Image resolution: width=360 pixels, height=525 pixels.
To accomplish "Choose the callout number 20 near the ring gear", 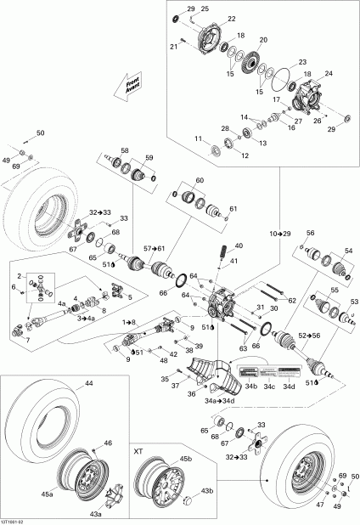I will coord(262,40).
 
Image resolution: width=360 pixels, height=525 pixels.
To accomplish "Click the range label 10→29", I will coord(279,232).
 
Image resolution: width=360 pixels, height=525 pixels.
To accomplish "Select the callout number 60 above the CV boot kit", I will coord(200,180).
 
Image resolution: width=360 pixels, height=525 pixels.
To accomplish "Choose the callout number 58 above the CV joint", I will coord(125,150).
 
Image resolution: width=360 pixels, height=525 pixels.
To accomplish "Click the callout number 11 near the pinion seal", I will coord(198,138).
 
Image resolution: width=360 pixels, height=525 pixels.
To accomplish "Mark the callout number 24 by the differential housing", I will coord(329,72).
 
